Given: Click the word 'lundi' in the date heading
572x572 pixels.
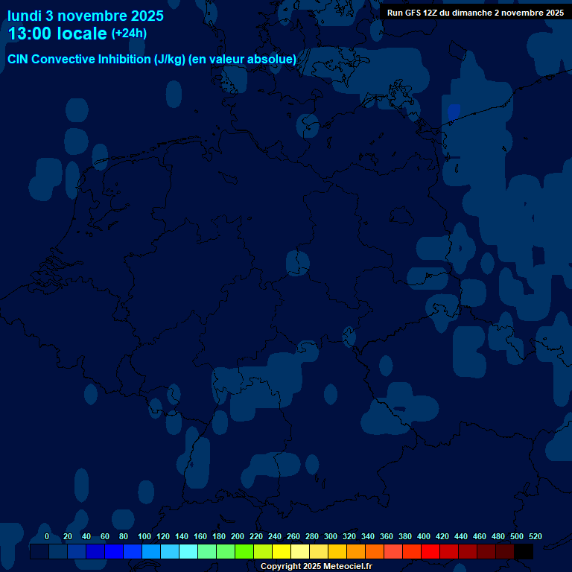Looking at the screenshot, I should (25, 16).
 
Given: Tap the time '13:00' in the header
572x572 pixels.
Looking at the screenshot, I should (34, 34).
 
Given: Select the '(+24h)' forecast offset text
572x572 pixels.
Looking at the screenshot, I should (129, 34).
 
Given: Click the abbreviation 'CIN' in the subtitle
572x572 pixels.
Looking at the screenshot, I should (19, 60).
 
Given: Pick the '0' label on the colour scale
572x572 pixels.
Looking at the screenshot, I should (47, 536).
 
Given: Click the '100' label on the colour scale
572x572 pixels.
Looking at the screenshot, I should (144, 536).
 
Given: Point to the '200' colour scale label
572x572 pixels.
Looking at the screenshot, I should (238, 536).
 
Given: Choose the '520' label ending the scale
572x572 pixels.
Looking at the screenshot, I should (535, 536).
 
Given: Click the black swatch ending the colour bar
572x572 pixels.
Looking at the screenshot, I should (524, 552).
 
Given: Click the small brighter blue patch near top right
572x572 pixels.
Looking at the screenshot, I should (453, 112).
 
